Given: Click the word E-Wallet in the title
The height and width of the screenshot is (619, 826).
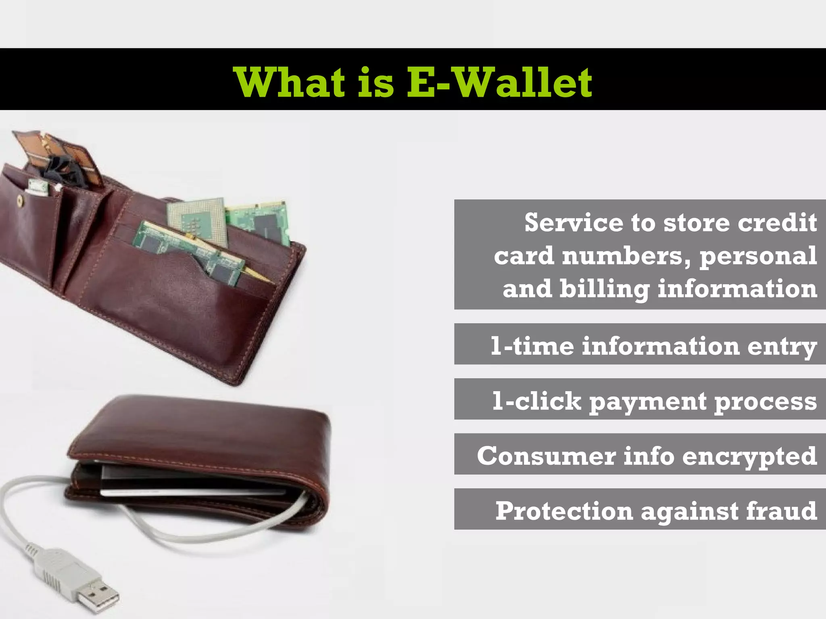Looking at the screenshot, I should [x=499, y=83].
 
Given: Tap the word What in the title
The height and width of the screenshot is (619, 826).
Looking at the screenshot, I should [x=290, y=83].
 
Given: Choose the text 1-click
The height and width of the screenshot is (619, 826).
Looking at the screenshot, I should [x=536, y=401].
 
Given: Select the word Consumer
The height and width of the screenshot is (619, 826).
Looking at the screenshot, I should [x=546, y=456].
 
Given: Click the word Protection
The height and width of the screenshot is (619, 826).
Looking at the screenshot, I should [x=564, y=511].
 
